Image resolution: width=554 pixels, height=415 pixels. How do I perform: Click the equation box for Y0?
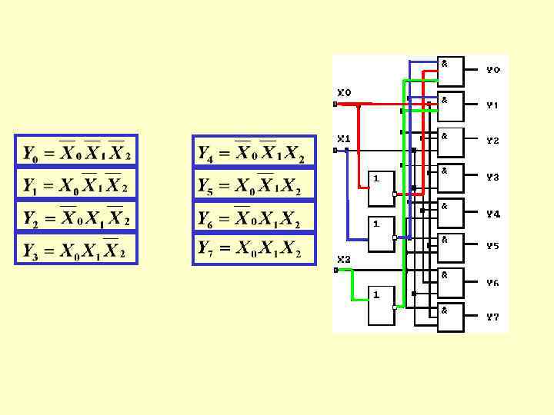pos(76,152)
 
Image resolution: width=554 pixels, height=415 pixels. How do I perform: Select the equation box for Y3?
pos(76,249)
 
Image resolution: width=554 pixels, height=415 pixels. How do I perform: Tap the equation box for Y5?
pos(253,185)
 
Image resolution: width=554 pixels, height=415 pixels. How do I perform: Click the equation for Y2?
pos(76,217)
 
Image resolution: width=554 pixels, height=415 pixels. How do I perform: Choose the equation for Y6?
pos(253,217)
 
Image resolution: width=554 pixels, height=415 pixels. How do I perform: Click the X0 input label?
pos(343,92)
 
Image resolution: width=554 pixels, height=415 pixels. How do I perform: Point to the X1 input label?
pos(343,139)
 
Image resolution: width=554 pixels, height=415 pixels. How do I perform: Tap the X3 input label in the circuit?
pos(343,259)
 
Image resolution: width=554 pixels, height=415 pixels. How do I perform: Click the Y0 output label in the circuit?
pos(492,70)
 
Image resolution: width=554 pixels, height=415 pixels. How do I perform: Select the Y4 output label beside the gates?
pos(492,214)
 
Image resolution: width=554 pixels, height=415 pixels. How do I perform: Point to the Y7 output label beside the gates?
pos(492,317)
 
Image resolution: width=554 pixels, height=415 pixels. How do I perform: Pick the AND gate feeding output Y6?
pos(451,283)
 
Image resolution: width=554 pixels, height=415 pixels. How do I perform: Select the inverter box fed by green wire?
pos(381,305)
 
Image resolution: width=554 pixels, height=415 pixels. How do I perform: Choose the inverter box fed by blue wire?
pos(381,234)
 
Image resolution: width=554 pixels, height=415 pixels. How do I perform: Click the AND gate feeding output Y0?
pos(451,71)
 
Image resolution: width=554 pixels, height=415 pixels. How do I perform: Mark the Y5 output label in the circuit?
pos(492,246)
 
